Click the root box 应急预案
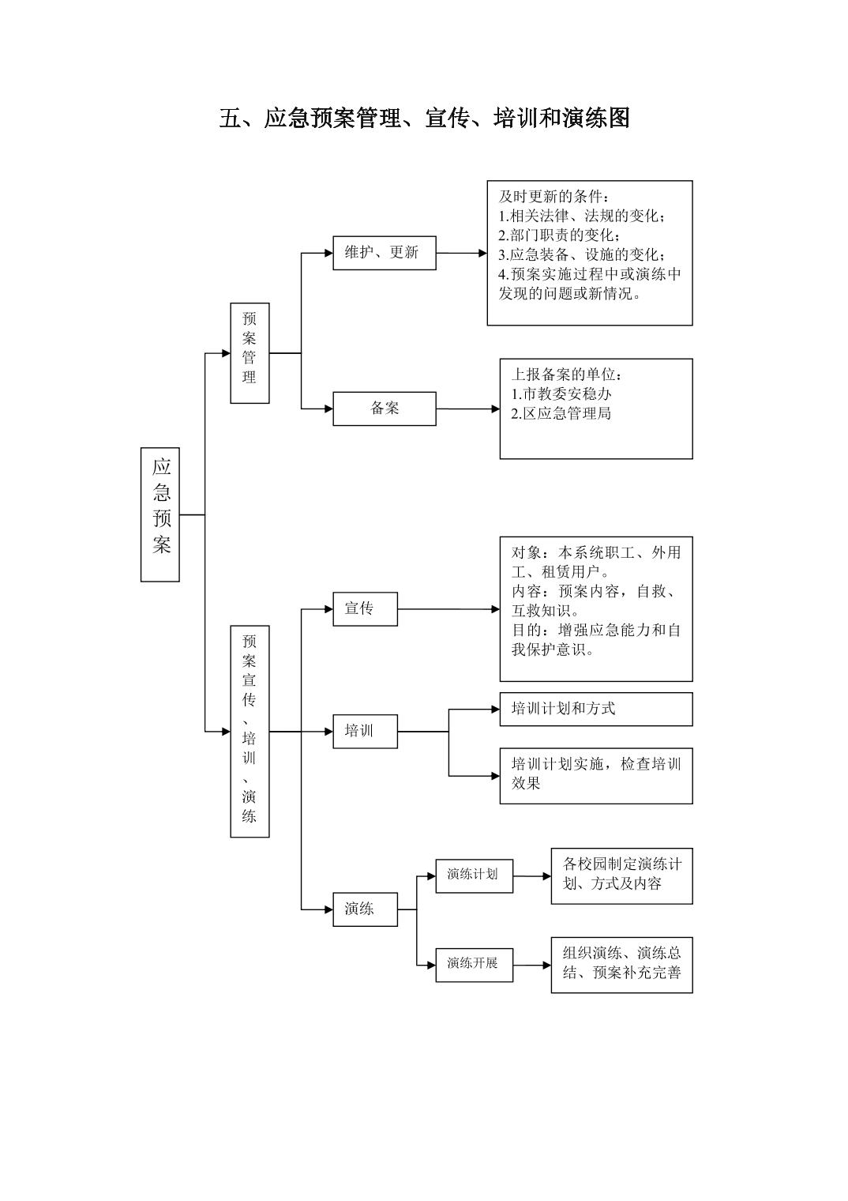tap(160, 514)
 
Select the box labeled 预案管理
tap(250, 352)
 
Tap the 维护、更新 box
tap(384, 253)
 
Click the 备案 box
tap(384, 408)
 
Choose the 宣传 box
tap(365, 608)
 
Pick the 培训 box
tap(365, 731)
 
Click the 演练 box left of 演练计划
tap(365, 909)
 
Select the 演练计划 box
tap(474, 875)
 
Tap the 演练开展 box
tap(474, 963)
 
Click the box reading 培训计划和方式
tap(595, 709)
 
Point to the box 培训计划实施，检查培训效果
tap(595, 775)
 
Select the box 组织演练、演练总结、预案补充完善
tap(621, 963)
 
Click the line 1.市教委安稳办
tap(561, 393)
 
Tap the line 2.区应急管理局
tap(561, 413)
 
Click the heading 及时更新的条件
tap(553, 196)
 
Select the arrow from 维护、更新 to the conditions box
tap(462, 254)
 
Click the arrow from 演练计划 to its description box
tap(532, 875)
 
